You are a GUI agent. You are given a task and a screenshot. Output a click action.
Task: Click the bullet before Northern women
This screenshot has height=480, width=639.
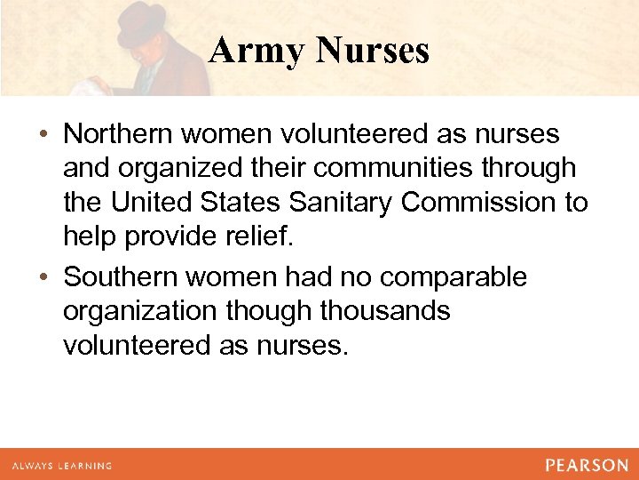click(x=43, y=134)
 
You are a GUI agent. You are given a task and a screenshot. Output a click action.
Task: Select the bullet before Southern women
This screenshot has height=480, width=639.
click(x=43, y=277)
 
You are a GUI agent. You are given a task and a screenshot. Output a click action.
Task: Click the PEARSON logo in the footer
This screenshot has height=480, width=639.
click(x=587, y=465)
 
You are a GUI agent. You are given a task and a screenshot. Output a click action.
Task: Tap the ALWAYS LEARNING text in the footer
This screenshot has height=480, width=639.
click(x=62, y=466)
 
